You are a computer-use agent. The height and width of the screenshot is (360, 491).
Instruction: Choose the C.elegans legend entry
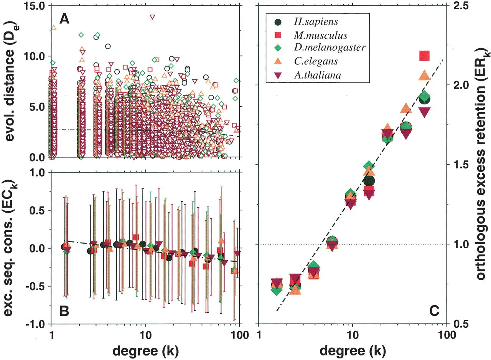click(311, 62)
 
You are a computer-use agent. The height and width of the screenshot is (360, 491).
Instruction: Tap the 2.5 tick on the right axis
click(461, 7)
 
